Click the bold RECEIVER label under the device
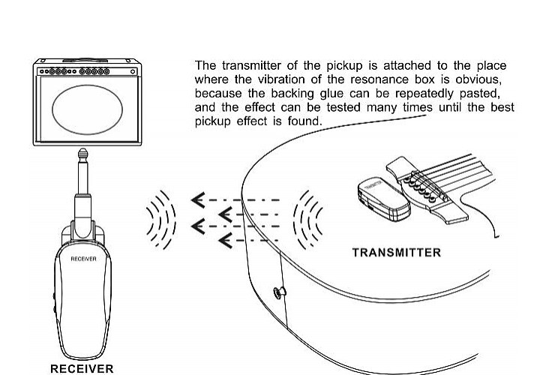click(82, 368)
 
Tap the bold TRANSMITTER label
click(397, 253)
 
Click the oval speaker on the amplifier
click(87, 109)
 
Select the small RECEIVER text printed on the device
click(83, 259)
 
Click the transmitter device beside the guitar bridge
click(384, 199)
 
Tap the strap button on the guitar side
click(280, 292)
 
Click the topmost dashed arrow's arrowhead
click(198, 199)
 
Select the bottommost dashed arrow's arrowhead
click(226, 240)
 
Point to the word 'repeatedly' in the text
click(424, 94)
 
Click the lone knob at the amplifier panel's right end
click(133, 72)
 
